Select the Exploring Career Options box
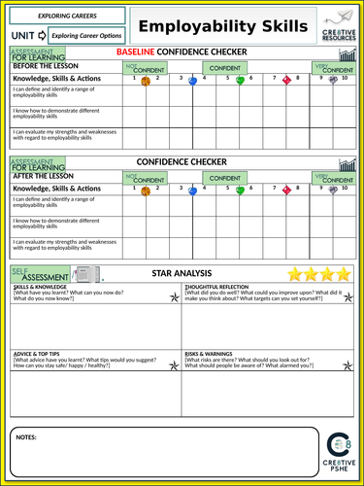point(84,35)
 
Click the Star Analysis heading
point(190,276)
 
